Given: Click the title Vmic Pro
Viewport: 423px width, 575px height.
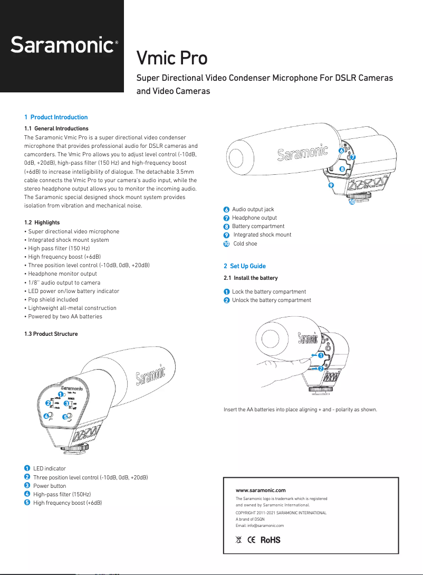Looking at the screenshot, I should (172, 58).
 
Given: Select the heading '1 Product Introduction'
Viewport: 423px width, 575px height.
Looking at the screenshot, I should (56, 117).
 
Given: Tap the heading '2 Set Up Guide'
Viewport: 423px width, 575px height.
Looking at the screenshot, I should (245, 266).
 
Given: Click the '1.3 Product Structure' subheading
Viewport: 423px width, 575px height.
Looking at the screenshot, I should (51, 334).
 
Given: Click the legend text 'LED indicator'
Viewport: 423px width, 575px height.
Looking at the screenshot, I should (50, 468).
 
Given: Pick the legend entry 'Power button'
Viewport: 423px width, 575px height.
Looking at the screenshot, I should (50, 486).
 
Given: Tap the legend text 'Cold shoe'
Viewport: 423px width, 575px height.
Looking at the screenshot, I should (245, 243).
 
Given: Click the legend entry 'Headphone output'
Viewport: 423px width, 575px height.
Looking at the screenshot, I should (254, 218).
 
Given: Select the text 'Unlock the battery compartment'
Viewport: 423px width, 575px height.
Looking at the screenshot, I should (272, 300).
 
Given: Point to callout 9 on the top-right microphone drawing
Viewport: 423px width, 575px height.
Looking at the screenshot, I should (331, 186).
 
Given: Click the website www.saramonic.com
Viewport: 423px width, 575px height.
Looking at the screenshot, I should (261, 491).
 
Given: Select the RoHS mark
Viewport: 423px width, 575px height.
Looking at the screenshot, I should (270, 540).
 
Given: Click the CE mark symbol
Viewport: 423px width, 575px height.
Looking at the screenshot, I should (251, 540).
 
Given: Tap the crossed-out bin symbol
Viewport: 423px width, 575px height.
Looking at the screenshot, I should (238, 540).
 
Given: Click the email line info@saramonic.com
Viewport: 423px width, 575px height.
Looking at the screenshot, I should (259, 526).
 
